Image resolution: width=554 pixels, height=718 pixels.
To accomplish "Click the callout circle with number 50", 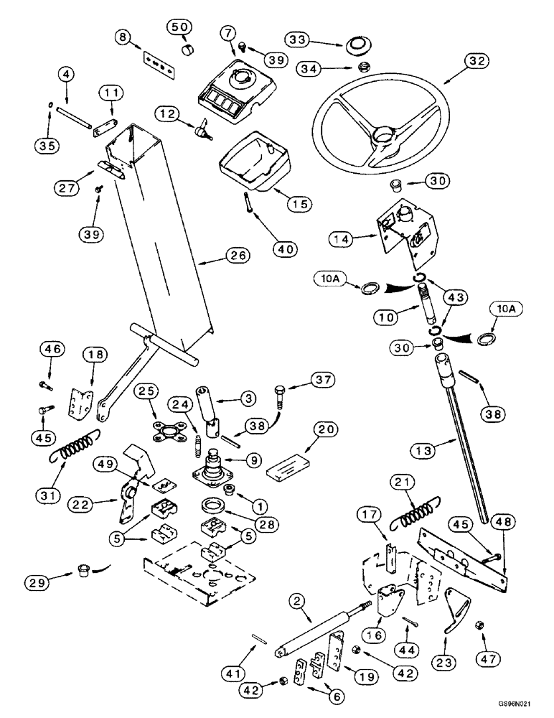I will tap(180, 28).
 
